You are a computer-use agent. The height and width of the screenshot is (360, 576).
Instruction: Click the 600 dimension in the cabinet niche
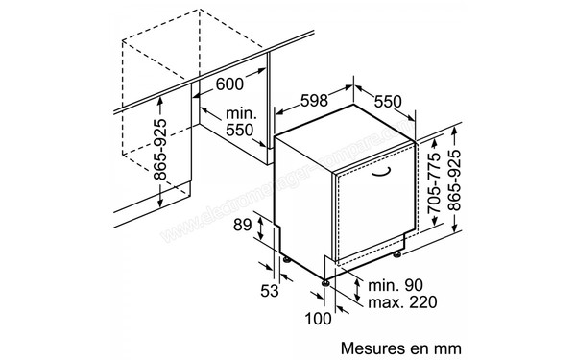(229, 84)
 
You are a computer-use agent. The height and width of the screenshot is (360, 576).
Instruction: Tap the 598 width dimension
(297, 100)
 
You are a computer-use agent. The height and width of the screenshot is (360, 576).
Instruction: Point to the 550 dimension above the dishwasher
(388, 99)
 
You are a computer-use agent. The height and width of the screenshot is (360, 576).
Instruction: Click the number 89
(241, 226)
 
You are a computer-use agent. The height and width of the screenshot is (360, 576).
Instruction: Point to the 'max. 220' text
(396, 304)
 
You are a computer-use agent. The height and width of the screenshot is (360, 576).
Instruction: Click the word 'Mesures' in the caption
(371, 342)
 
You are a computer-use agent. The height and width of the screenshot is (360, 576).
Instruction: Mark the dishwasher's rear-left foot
(285, 258)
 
